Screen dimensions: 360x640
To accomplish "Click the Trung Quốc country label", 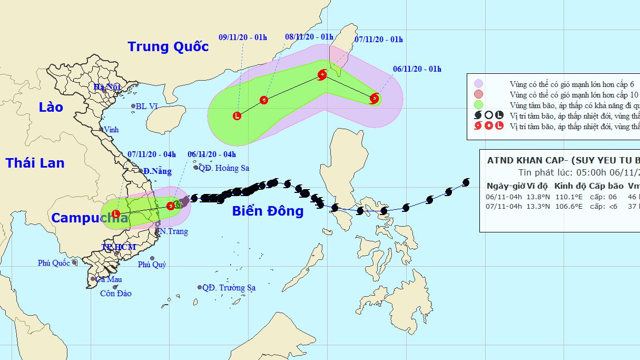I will (168, 46).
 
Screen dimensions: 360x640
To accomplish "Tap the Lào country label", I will (51, 108).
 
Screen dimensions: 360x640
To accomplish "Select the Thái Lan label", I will (35, 163).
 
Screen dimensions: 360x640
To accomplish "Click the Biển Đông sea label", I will (268, 211).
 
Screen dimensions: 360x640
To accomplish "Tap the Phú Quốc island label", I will (54, 263).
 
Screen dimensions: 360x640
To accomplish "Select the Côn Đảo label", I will (116, 294).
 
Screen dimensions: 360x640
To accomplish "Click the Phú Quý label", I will (152, 265).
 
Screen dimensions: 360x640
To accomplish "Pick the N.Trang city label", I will (173, 231).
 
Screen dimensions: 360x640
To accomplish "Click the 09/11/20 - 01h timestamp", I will (243, 37).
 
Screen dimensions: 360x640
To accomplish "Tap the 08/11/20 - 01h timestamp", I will (309, 37).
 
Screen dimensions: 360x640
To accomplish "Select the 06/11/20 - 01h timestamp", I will (417, 69).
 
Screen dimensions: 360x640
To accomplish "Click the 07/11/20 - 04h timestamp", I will (151, 154).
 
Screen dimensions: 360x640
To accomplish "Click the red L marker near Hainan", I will (237, 116).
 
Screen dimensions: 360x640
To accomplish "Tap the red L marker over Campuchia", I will (116, 215).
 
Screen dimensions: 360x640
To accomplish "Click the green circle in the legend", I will (478, 104).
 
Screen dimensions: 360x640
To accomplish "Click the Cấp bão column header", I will (606, 186).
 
